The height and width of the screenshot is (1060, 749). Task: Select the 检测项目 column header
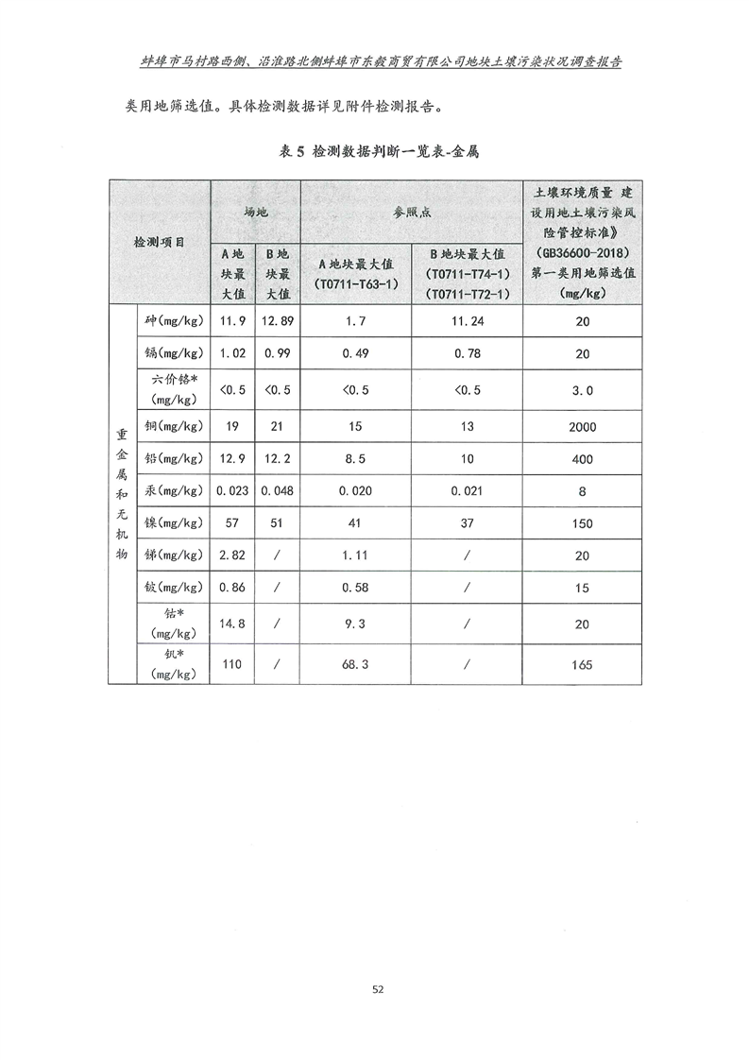pos(159,242)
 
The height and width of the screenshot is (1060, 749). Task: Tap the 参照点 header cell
pos(411,213)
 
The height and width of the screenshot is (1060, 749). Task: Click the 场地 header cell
pos(255,213)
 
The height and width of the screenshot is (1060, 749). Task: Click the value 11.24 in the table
pos(468,321)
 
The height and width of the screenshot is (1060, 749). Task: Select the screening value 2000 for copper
pos(582,426)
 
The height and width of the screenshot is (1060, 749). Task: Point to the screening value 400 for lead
pos(582,458)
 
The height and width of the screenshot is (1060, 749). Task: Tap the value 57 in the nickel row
pos(232,522)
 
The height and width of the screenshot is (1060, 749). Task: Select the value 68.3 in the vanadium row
pos(355,664)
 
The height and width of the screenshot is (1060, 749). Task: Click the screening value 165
pos(582,664)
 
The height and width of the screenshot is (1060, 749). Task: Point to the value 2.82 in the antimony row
pos(232,555)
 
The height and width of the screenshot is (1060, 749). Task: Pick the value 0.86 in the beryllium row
pos(232,587)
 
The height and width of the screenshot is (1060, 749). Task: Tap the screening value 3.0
pos(582,389)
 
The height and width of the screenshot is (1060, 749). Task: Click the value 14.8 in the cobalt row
pos(232,623)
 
